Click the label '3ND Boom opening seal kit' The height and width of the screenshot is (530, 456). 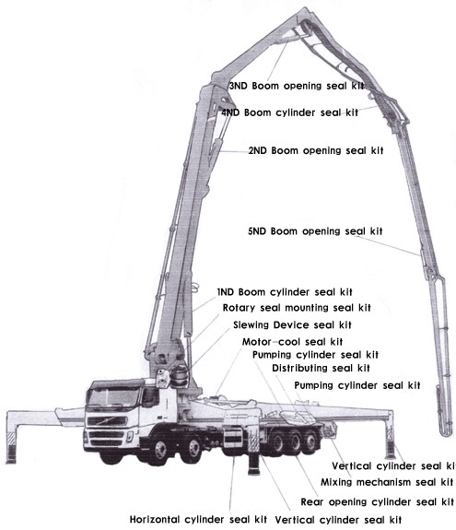[x=296, y=85]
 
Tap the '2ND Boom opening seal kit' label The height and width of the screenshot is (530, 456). [x=315, y=149]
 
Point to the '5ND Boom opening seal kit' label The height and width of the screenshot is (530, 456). [x=315, y=230]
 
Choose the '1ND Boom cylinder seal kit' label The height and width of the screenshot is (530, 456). [x=284, y=292]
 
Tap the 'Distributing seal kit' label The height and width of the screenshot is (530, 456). [x=321, y=369]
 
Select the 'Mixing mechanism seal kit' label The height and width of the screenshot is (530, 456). [x=387, y=482]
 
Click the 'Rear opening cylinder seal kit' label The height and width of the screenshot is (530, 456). [x=377, y=502]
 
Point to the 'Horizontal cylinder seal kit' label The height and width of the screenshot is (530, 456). [x=198, y=519]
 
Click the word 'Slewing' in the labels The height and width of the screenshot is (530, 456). [x=255, y=324]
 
